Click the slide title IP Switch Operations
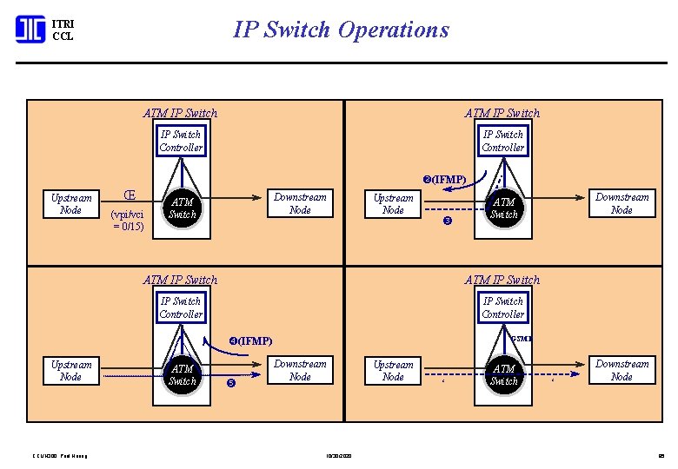coord(341,30)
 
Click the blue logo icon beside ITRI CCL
coord(30,30)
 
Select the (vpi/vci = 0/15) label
coord(128,221)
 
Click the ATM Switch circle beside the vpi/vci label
coord(182,208)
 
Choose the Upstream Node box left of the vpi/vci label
coord(70,204)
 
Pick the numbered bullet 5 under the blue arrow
coord(231,383)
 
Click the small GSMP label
coord(522,338)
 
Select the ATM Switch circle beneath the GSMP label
coord(503,375)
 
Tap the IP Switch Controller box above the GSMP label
coord(503,307)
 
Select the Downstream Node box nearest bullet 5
coord(300,370)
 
